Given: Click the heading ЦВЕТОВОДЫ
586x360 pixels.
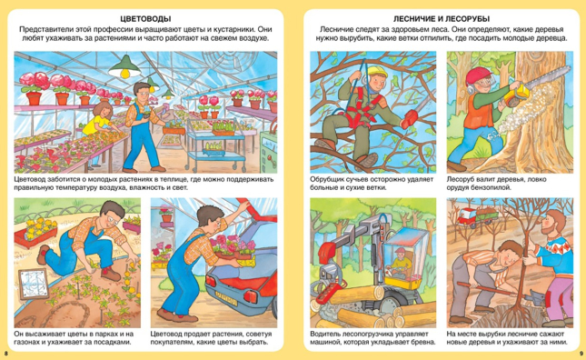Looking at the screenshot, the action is (145, 19).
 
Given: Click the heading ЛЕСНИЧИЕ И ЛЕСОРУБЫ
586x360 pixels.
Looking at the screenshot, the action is (442, 19).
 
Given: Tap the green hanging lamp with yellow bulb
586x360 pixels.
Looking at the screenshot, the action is (124, 67).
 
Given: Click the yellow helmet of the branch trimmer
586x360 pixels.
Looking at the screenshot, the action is (377, 71).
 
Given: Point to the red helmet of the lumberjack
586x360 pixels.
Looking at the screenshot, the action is (478, 75).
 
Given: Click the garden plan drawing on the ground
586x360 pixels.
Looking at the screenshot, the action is (33, 284).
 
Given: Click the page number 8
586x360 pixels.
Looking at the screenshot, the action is (5, 354).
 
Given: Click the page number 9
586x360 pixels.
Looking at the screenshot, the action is (581, 354).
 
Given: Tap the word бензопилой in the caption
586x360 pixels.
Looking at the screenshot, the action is (492, 187).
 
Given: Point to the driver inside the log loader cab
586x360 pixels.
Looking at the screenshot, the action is (401, 262).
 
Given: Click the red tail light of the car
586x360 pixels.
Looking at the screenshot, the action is (251, 295).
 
